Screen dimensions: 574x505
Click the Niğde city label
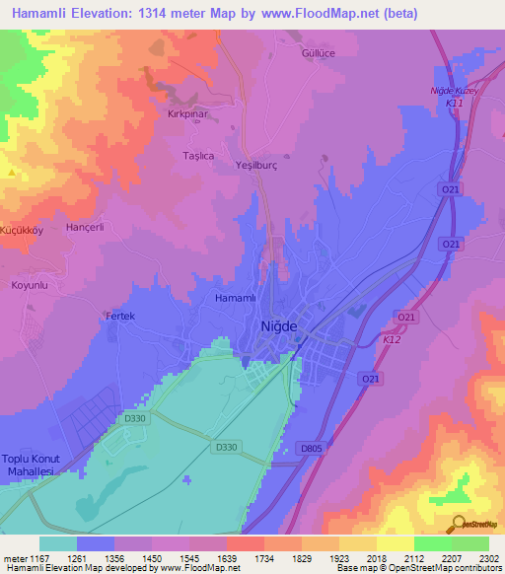coord(278,326)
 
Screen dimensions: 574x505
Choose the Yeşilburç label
coord(257,166)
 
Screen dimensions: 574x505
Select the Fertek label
coord(119,316)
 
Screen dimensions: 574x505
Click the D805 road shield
coord(312,450)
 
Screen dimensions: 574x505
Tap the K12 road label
coord(392,339)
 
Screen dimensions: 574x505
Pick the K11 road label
coord(455,103)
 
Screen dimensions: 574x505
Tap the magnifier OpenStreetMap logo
coord(457,523)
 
